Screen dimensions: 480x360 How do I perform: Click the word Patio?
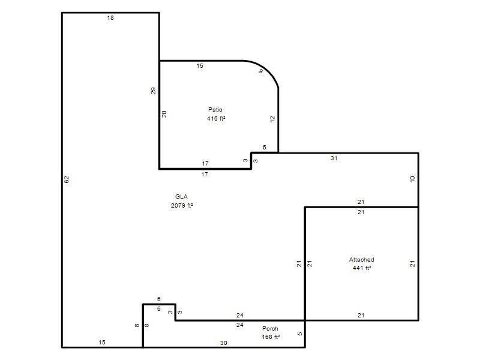[215, 110]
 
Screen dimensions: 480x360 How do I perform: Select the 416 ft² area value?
[216, 118]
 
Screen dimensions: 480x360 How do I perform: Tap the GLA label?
[181, 197]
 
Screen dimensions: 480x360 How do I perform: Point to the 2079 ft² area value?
[182, 205]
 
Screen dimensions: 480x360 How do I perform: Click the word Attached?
[362, 260]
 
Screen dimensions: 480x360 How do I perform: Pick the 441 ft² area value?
[362, 268]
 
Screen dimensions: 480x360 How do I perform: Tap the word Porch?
[270, 328]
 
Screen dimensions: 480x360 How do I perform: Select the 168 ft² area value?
[271, 337]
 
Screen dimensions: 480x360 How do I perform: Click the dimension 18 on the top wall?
[110, 18]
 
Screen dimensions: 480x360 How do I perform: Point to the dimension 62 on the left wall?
[67, 179]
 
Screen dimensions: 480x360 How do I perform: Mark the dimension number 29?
[153, 91]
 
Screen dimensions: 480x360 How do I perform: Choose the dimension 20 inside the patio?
[164, 114]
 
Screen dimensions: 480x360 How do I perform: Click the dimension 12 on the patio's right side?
[272, 119]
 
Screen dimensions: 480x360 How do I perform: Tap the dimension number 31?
[334, 158]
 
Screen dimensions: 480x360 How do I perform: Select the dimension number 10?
[412, 179]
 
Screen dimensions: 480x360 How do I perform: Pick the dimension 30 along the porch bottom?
[224, 343]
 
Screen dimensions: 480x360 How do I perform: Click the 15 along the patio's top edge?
[200, 66]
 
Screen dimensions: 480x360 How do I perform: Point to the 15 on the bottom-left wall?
[102, 342]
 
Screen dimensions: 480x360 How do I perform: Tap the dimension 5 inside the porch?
[299, 334]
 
